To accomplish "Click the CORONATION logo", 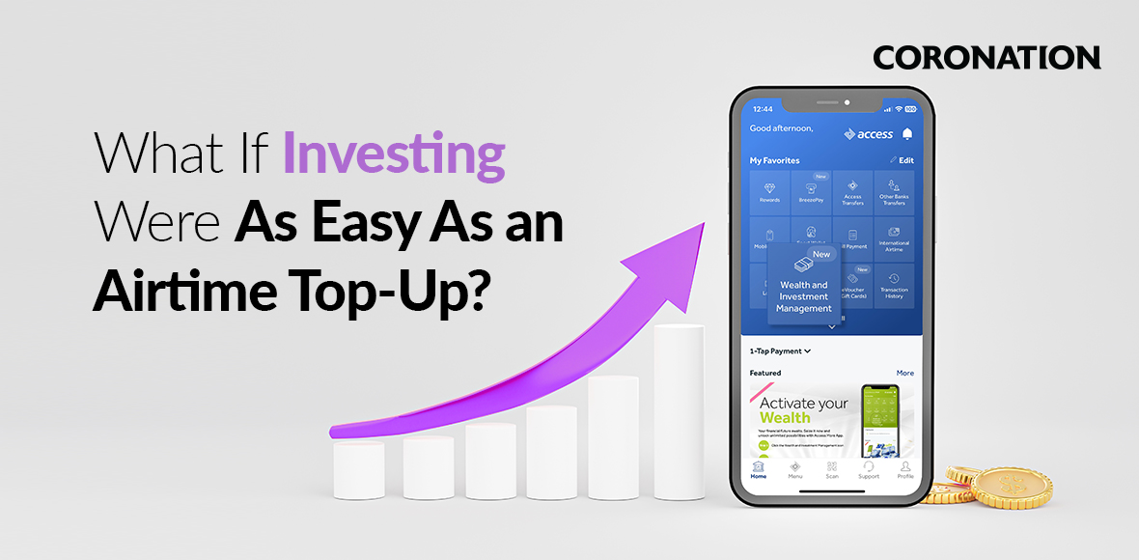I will coord(986,58).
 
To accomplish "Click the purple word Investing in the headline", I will coord(393,157).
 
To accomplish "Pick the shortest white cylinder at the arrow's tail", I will coord(359,470).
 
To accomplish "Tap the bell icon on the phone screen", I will coord(907,134).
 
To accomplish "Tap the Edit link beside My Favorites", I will coord(902,160).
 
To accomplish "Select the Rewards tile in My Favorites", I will coord(769,191).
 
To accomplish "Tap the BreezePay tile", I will coord(811,191).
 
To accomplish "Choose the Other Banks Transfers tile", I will coord(894,191).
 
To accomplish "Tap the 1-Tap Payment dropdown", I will coord(780,351).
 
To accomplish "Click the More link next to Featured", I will coord(904,373).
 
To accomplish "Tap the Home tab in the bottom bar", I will coord(759,469).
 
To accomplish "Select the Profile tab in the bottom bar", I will coord(905,469).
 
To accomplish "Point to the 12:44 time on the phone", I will coord(763,109).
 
